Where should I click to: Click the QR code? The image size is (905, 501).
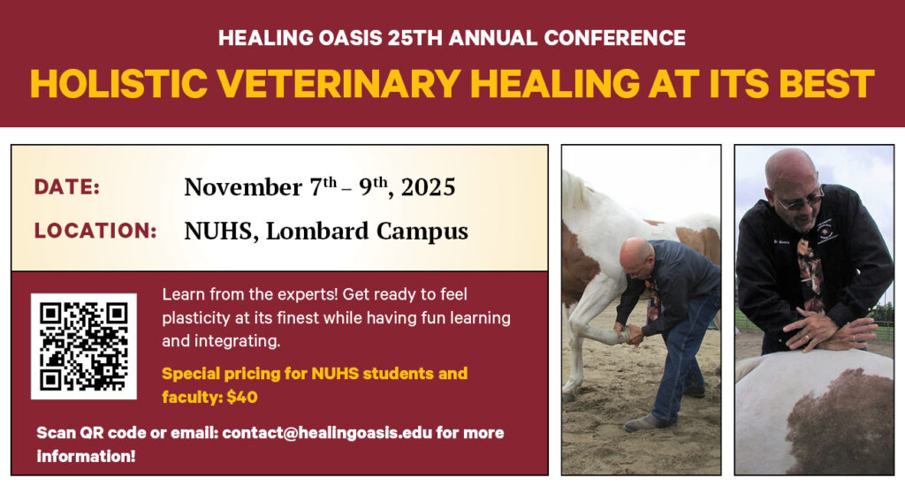[x=84, y=346]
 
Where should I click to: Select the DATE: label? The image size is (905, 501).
[x=67, y=187]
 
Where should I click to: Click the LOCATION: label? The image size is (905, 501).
[x=95, y=231]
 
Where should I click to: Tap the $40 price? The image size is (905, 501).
[x=242, y=397]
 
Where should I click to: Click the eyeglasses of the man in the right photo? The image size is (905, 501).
[x=797, y=201]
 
